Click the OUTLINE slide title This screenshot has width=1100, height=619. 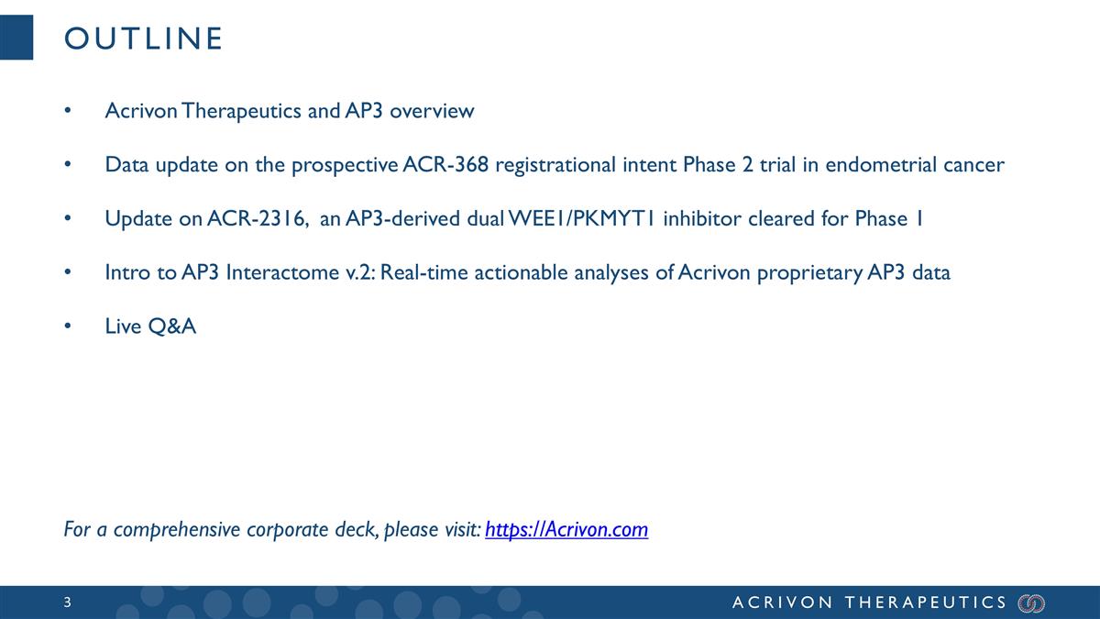tap(142, 39)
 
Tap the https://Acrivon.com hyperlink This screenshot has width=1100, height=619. tap(566, 530)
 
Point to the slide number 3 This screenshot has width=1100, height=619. tap(68, 602)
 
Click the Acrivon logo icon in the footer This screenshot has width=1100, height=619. tap(1031, 602)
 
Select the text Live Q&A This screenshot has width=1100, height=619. tap(150, 327)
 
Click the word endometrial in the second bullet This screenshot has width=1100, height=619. tap(874, 165)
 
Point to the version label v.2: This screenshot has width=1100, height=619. tap(363, 273)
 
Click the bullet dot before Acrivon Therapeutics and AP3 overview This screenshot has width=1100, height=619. tap(67, 112)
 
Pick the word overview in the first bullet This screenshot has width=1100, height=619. tap(434, 111)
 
